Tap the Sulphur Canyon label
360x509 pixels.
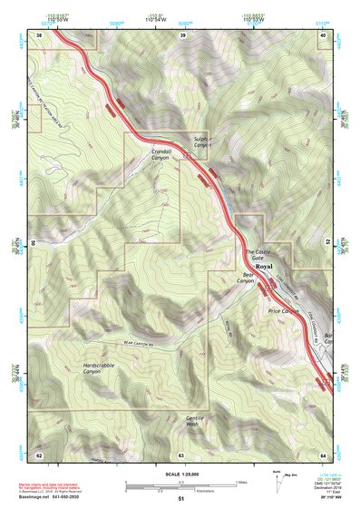[202, 141]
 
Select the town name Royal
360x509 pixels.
[264, 268]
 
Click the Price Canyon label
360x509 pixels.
[284, 311]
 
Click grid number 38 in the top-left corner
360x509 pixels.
[40, 34]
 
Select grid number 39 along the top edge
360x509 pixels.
[183, 34]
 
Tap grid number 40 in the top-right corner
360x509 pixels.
[322, 34]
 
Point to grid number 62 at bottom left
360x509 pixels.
[40, 454]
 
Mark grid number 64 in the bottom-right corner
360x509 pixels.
[322, 454]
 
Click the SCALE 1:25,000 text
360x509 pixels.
[181, 475]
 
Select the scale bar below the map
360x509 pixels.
[181, 485]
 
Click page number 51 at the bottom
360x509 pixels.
[181, 500]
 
